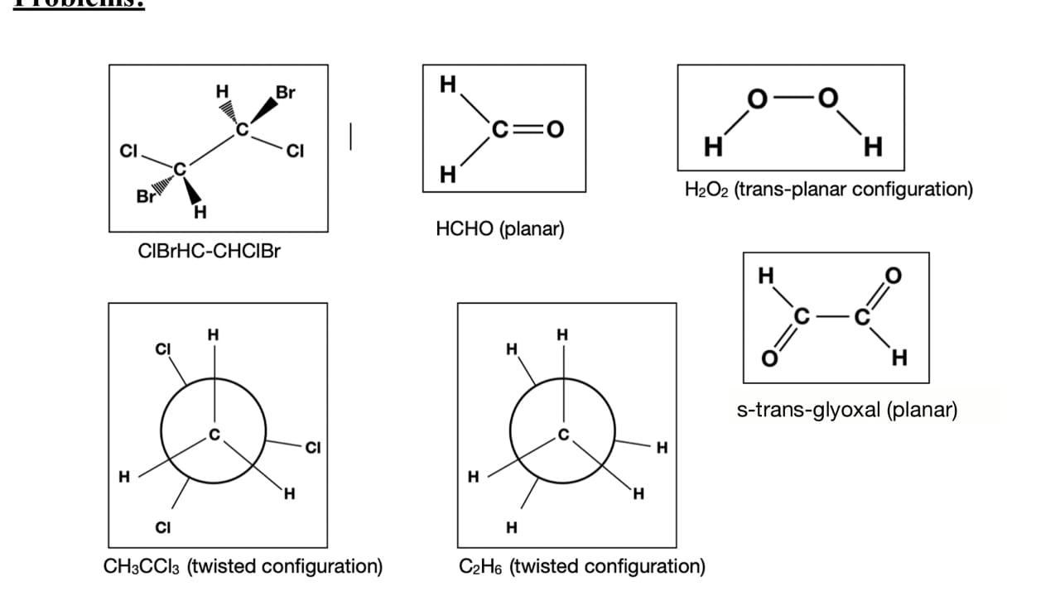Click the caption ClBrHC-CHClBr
pyautogui.click(x=209, y=251)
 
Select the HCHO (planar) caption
pyautogui.click(x=499, y=228)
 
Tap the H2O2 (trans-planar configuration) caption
pyautogui.click(x=828, y=190)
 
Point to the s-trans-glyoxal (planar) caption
pyautogui.click(x=847, y=410)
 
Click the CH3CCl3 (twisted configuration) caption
pyautogui.click(x=243, y=567)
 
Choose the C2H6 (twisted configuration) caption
pyautogui.click(x=581, y=567)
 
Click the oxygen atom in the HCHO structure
pyautogui.click(x=554, y=128)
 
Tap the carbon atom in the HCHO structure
pyautogui.click(x=499, y=128)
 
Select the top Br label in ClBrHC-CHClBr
pyautogui.click(x=285, y=92)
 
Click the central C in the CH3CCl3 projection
pyautogui.click(x=214, y=435)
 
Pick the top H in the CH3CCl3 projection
pyautogui.click(x=214, y=334)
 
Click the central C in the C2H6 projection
pyautogui.click(x=563, y=435)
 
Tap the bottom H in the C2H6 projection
pyautogui.click(x=511, y=526)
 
